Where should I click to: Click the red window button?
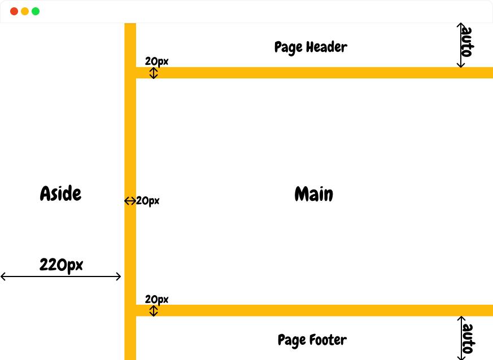(14, 11)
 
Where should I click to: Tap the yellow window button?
(25, 11)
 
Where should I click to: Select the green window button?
(36, 11)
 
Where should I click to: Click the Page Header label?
(311, 48)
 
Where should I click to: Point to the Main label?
(314, 194)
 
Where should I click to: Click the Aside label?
(60, 193)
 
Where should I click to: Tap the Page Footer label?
(312, 340)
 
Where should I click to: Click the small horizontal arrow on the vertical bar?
(130, 201)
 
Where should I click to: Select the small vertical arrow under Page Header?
(154, 73)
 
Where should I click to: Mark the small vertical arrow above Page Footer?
(154, 311)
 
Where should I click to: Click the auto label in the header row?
(467, 42)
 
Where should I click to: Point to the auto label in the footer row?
(468, 339)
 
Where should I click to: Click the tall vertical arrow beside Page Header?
(461, 45)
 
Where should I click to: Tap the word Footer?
(328, 340)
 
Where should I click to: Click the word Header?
(326, 47)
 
